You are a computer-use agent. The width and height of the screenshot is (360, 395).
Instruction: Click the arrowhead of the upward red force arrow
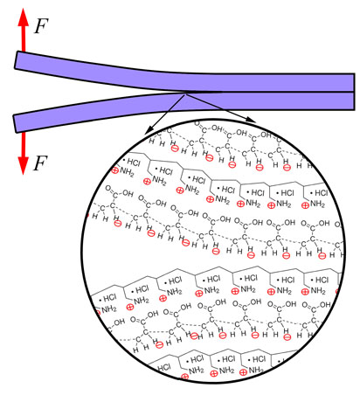(24, 17)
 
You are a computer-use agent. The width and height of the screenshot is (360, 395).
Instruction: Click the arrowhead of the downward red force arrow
(24, 165)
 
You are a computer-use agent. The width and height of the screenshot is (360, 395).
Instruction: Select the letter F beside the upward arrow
(41, 26)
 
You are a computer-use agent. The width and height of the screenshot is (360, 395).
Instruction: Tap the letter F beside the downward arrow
(40, 163)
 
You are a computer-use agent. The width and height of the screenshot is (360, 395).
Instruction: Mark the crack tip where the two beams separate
(185, 93)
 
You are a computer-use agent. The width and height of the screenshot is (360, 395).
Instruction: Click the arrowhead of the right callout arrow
(251, 120)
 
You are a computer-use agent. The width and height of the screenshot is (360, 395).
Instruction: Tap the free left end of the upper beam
(17, 60)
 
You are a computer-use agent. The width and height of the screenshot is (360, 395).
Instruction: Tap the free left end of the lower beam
(15, 124)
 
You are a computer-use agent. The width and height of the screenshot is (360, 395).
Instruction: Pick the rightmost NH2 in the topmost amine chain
(317, 204)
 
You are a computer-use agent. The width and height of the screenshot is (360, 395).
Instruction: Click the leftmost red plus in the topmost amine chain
(114, 170)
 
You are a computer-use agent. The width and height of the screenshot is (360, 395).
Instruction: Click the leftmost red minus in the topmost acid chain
(175, 149)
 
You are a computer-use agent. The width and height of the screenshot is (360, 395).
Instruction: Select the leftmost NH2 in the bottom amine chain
(196, 371)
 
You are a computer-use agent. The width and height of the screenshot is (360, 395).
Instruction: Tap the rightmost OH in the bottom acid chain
(325, 305)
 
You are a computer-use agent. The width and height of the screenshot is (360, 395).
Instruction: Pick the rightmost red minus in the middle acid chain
(322, 256)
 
